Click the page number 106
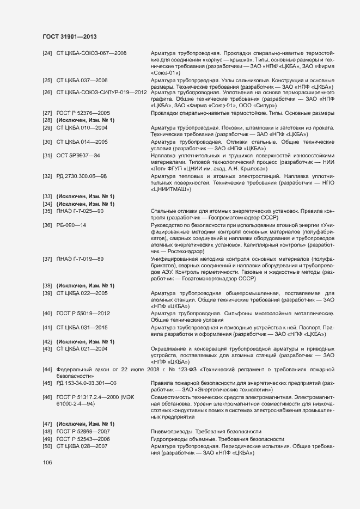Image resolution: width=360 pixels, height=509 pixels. pyautogui.click(x=47, y=462)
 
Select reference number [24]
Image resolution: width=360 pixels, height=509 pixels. pyautogui.click(x=47, y=53)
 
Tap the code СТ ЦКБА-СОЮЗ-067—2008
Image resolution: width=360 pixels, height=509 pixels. pyautogui.click(x=91, y=53)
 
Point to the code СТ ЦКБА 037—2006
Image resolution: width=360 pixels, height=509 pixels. pyautogui.click(x=82, y=80)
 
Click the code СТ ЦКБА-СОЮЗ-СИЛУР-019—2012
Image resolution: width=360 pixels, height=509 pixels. pyautogui.click(x=102, y=92)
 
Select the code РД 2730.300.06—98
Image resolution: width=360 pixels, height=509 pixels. pyautogui.click(x=82, y=176)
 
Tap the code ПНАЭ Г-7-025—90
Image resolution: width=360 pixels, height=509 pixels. pyautogui.click(x=80, y=211)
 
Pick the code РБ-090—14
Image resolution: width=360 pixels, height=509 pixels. pyautogui.click(x=71, y=225)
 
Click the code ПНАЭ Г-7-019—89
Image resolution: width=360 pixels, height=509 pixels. pyautogui.click(x=80, y=258)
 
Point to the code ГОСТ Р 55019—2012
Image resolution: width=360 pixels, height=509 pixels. pyautogui.click(x=83, y=314)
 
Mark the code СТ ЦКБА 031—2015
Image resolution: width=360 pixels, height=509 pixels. pyautogui.click(x=82, y=328)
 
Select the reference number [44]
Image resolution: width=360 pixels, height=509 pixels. pyautogui.click(x=47, y=370)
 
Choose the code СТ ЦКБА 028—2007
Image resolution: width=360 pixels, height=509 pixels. pyautogui.click(x=82, y=446)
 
